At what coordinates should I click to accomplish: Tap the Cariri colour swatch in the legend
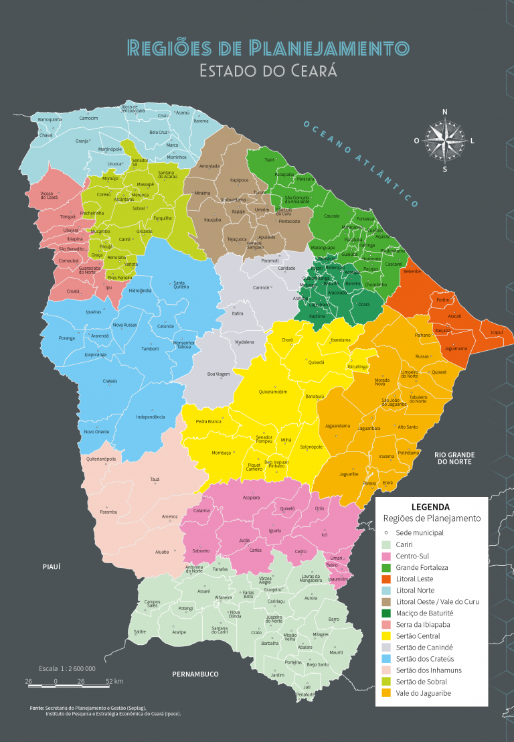click(385, 544)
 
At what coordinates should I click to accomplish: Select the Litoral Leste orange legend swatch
click(385, 579)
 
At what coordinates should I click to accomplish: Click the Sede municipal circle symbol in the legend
click(385, 532)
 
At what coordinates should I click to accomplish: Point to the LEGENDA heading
click(430, 507)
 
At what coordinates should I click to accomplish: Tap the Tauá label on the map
click(155, 479)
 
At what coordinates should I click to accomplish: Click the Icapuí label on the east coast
click(496, 332)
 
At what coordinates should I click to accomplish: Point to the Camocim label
click(88, 118)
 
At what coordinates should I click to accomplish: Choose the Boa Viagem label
click(218, 374)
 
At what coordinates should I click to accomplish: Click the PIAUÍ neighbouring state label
click(52, 567)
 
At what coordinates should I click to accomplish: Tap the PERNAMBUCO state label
click(195, 674)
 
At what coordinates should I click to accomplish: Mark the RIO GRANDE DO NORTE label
click(456, 458)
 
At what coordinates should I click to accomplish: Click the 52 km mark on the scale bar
click(114, 681)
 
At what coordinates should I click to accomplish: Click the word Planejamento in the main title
click(329, 48)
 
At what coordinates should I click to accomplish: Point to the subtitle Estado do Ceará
click(268, 70)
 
